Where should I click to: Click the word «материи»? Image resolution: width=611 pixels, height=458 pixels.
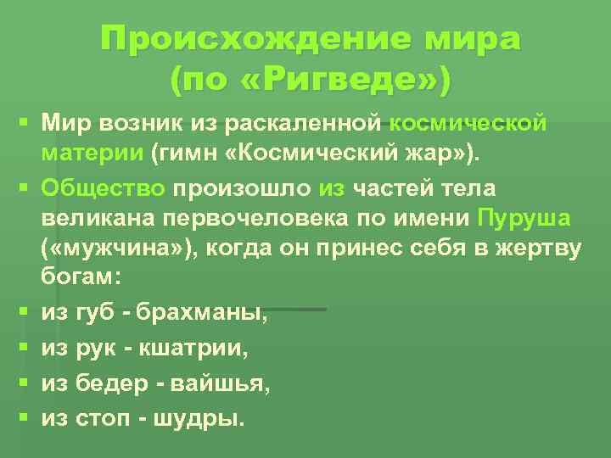click(x=91, y=153)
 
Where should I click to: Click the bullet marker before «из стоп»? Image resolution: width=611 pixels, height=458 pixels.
click(x=25, y=417)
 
